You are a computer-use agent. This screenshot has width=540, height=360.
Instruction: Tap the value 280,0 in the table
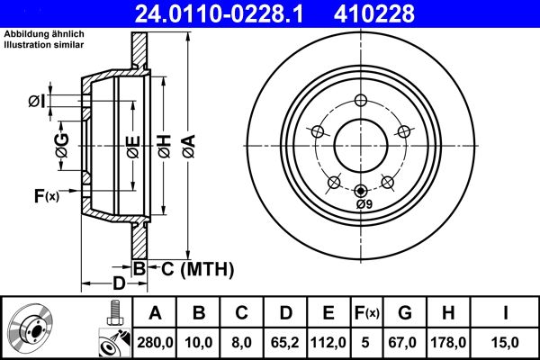pyautogui.click(x=154, y=342)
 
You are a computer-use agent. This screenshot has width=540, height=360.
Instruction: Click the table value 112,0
pyautogui.click(x=328, y=342)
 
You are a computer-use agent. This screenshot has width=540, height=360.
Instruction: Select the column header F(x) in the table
pyautogui.click(x=367, y=313)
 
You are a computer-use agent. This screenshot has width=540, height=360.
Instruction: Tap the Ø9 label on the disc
pyautogui.click(x=363, y=204)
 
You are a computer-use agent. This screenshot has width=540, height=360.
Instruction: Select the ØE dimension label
pyautogui.click(x=132, y=145)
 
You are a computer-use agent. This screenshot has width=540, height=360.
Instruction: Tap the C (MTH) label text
pyautogui.click(x=197, y=268)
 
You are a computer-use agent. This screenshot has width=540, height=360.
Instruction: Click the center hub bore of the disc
pyautogui.click(x=360, y=144)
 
